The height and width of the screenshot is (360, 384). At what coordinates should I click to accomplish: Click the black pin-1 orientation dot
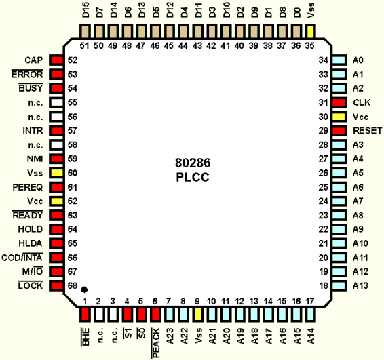point(84,289)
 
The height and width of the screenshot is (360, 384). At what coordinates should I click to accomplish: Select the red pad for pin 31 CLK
point(339,102)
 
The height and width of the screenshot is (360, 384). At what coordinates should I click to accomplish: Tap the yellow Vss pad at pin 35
point(310,32)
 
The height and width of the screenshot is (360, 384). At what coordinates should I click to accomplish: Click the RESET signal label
point(367,131)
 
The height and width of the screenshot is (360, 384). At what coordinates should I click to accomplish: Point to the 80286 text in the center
point(193,163)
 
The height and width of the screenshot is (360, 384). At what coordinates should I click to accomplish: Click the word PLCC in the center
point(193,177)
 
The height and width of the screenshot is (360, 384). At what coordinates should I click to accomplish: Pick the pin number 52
point(73,60)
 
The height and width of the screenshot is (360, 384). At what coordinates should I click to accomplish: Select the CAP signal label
point(34,60)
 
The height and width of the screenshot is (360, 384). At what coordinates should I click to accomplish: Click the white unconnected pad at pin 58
point(56,145)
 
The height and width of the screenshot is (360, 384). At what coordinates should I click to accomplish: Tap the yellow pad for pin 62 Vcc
point(56,201)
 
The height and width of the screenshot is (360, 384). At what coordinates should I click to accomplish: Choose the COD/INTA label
point(22,258)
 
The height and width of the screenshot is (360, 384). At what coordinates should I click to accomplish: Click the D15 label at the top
point(85,10)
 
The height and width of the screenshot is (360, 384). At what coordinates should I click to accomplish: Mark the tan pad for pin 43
point(198,32)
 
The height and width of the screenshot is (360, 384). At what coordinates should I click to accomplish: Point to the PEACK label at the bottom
point(156,343)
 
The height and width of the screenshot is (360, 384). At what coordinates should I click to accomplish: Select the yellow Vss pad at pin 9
point(198,314)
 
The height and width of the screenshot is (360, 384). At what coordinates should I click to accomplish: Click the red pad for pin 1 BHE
point(85,314)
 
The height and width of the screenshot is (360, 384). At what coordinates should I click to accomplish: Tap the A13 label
point(360,286)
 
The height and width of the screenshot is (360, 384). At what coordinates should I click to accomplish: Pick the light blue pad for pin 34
point(339,60)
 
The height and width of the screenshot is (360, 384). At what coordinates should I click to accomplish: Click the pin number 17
point(310,301)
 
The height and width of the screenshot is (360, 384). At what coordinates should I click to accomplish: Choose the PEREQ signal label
point(28,188)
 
